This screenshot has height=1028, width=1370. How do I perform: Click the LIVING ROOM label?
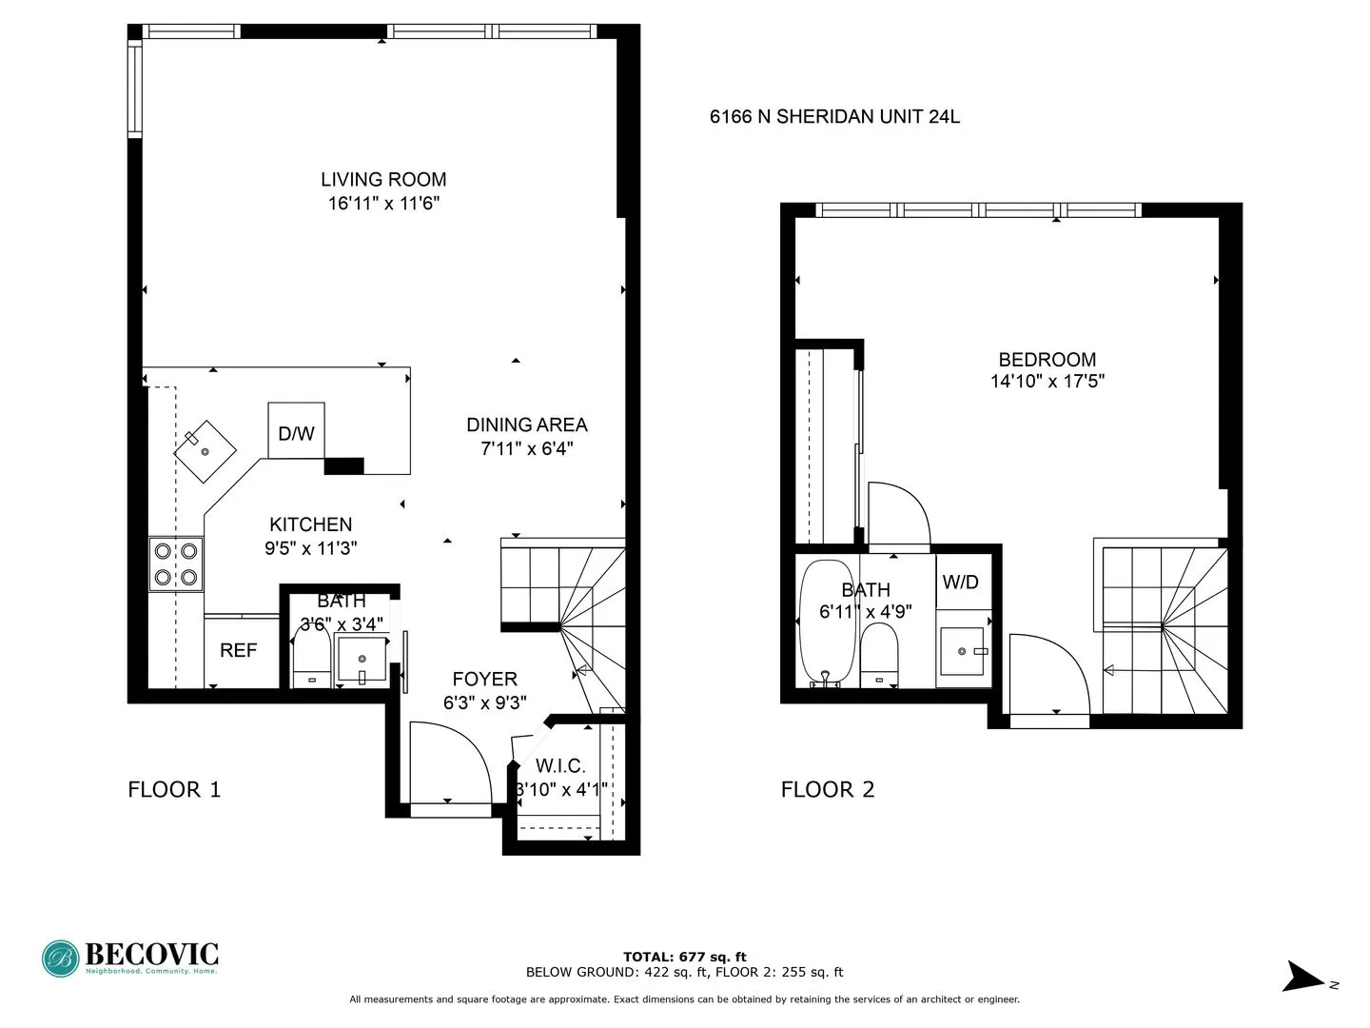click(x=382, y=179)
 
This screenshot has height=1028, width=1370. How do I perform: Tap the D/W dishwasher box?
click(x=296, y=433)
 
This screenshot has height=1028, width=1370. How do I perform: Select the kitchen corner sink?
click(x=205, y=449)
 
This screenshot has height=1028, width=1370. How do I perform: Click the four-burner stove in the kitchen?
click(x=176, y=563)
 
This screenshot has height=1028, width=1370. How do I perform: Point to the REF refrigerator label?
click(x=238, y=651)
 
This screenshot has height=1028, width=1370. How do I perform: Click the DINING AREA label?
click(x=526, y=425)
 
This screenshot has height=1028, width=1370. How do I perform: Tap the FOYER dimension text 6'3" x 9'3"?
click(x=484, y=702)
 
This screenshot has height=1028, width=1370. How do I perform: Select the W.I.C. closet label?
click(x=560, y=766)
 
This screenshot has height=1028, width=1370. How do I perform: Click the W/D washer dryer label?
click(x=960, y=582)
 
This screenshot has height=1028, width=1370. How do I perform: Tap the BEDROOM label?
click(x=1047, y=360)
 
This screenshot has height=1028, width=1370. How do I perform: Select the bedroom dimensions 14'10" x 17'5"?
click(x=1047, y=382)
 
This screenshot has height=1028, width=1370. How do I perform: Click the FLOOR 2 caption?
click(x=827, y=789)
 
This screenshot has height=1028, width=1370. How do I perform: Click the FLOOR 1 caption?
click(x=174, y=789)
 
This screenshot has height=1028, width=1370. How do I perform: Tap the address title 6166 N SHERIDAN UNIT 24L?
click(x=834, y=117)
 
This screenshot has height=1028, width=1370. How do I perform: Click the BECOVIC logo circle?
click(x=61, y=959)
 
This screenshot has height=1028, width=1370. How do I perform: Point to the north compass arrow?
click(x=1301, y=978)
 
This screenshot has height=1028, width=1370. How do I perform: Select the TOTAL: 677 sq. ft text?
click(x=684, y=957)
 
